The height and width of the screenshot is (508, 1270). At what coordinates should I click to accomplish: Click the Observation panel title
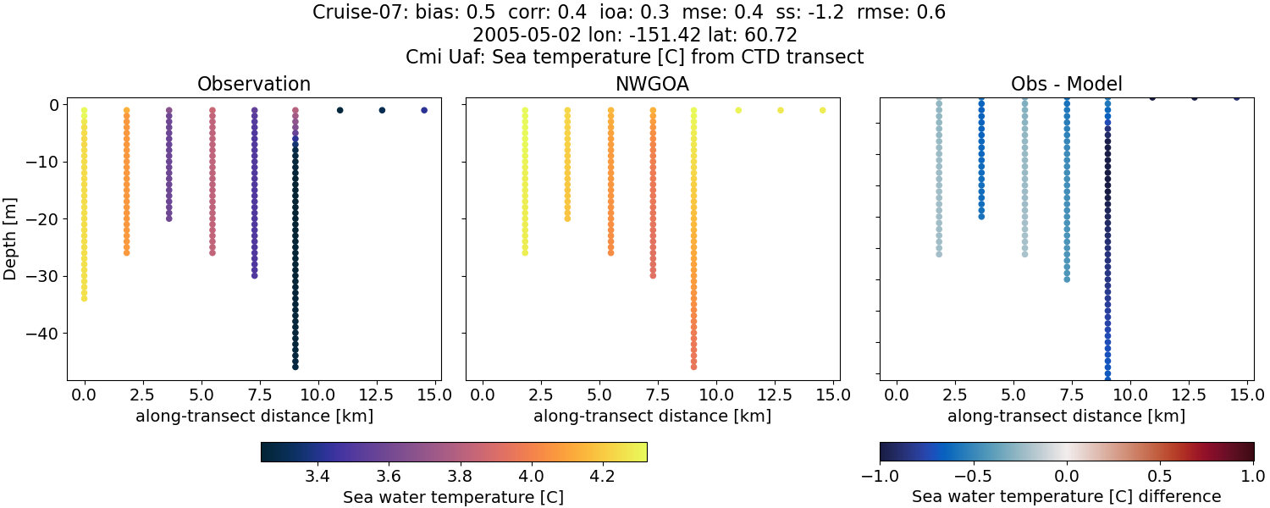tap(253, 84)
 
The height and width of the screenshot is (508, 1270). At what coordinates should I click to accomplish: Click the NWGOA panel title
tap(653, 84)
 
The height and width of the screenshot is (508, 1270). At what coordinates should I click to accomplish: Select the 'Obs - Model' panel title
tap(1066, 84)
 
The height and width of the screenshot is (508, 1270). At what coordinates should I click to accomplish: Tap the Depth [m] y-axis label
tap(11, 238)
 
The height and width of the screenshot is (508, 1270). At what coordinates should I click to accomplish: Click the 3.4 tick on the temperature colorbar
tap(317, 477)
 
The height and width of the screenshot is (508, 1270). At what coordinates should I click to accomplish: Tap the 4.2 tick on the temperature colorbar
tap(602, 477)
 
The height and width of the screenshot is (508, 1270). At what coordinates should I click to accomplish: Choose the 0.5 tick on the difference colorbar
tap(1160, 477)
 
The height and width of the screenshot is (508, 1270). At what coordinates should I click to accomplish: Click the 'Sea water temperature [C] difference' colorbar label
tap(1066, 497)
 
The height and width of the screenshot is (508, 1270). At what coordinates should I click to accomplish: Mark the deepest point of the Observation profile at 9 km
tap(295, 367)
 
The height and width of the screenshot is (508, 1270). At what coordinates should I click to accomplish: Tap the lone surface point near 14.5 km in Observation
tap(424, 110)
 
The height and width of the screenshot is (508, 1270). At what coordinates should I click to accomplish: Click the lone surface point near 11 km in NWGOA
tap(738, 110)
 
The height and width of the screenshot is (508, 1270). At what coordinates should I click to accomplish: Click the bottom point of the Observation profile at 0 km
tap(84, 298)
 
